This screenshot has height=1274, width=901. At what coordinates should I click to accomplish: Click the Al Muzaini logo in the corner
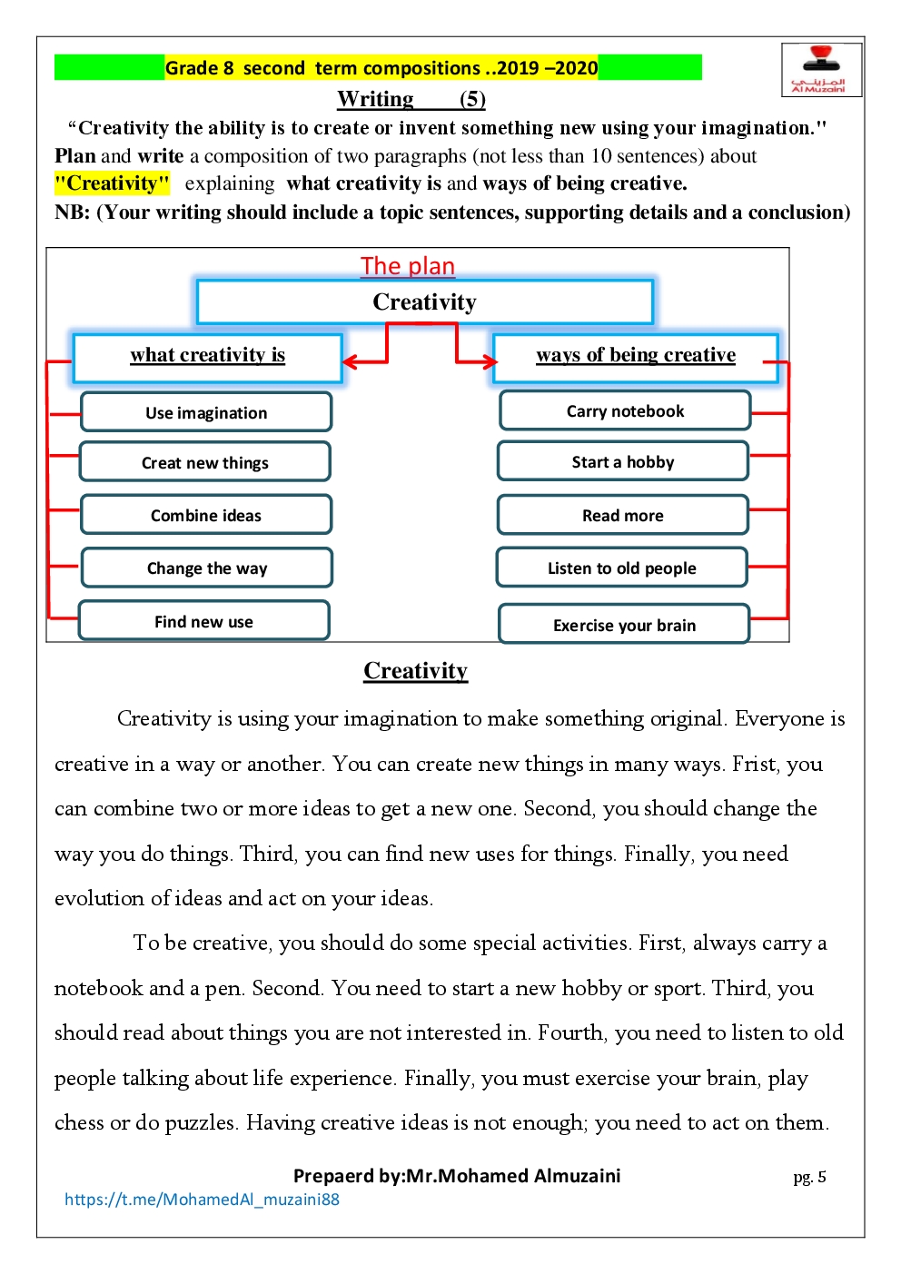pos(821,69)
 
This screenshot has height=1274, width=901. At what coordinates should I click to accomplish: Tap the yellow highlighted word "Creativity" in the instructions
pos(113,183)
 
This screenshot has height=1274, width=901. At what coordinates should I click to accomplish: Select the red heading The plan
pos(408,266)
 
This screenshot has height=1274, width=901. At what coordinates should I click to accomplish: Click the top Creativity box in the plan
pos(424,302)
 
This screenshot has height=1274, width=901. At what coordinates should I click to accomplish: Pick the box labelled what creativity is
pos(208,356)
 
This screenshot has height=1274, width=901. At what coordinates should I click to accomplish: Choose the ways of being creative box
pos(636,356)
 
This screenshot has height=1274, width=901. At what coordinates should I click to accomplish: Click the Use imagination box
pos(206,412)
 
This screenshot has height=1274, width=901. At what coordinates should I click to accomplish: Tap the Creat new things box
pos(205,462)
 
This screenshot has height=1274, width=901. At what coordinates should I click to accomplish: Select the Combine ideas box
pos(206,515)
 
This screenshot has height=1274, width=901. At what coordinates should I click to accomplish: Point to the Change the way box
pos(207,568)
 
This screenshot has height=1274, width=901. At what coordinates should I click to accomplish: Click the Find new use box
pos(204,621)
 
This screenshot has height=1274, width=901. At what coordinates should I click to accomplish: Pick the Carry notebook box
pos(625,411)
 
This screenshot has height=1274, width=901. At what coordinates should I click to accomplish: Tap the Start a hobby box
pos(623,462)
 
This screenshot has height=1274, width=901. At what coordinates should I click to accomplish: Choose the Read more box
pos(623,516)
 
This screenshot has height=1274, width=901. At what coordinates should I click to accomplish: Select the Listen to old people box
pos(622,568)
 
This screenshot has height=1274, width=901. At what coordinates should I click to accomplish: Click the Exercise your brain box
pos(624,625)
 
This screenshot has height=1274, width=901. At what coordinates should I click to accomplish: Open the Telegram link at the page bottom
pos(202,1200)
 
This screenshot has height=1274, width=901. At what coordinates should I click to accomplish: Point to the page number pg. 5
pos(809,1177)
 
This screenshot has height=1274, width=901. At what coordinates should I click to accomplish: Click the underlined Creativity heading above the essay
pos(415,671)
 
